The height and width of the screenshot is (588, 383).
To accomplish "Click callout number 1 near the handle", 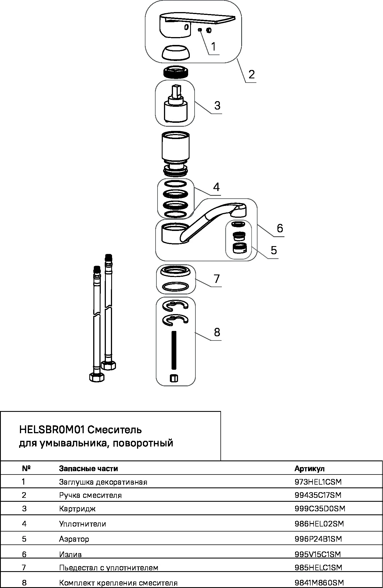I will [214, 46].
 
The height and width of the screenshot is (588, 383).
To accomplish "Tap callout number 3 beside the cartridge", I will [217, 106].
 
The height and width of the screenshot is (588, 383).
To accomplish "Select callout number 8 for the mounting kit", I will [217, 332].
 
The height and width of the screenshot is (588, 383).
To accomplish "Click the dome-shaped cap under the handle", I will [175, 52].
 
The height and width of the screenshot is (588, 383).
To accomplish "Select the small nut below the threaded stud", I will [174, 378].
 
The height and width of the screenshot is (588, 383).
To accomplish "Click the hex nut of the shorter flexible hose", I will [97, 377].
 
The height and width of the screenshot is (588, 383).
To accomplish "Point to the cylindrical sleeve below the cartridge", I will [176, 149].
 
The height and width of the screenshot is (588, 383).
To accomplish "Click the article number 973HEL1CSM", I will [318, 482].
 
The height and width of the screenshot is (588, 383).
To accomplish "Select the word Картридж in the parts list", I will [77, 509].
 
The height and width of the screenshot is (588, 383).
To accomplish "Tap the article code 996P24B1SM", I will [318, 539].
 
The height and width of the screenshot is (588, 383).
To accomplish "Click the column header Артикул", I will [309, 469].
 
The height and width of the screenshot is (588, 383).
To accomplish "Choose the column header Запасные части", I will [88, 469].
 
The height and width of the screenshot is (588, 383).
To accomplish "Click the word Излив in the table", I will [70, 554].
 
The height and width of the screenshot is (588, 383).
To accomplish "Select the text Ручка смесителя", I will [90, 495].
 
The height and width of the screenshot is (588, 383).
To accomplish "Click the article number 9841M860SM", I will [319, 583].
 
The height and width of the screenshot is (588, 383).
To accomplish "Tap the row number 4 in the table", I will [24, 524].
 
